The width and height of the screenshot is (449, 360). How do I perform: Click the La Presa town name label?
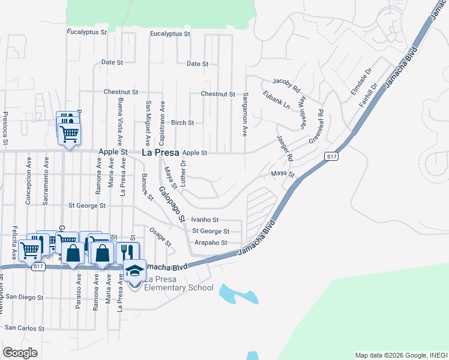coord(160,152)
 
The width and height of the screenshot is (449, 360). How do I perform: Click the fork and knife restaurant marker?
coord(127,252)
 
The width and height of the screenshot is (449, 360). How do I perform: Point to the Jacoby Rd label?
coord(286,83)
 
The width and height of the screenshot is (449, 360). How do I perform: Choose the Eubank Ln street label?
coord(276,100)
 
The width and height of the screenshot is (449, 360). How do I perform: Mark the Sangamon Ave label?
coord(246,114)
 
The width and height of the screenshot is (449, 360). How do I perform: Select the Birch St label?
coord(182,122)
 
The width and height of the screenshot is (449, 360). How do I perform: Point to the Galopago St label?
coord(171,205)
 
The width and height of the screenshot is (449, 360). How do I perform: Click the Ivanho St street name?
coord(205,220)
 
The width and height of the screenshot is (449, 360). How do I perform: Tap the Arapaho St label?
coord(211,243)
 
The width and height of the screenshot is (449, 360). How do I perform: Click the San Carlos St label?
coord(24,328)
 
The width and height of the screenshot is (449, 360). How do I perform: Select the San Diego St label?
coord(23,297)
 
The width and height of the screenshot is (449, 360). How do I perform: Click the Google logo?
coord(20,353)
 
